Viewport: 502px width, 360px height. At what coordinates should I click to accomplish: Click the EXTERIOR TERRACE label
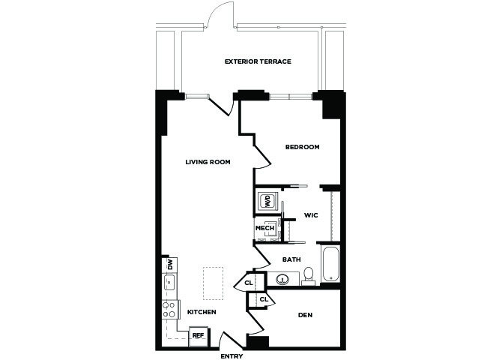point(258,61)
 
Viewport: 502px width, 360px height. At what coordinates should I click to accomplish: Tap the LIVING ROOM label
point(208,162)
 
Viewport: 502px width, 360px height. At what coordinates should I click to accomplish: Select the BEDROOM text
point(302,147)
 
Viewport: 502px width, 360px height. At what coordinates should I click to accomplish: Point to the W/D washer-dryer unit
point(267,201)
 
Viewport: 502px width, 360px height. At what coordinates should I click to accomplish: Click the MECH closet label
point(264,228)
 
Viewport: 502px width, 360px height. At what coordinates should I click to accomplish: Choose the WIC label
point(311,215)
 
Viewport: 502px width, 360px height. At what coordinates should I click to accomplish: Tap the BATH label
point(291,259)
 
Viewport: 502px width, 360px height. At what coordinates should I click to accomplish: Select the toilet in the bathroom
point(308,276)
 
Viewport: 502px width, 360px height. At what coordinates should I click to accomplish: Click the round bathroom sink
point(282,280)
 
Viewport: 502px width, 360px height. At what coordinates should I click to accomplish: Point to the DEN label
point(305,315)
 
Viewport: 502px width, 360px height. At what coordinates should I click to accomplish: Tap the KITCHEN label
point(202,312)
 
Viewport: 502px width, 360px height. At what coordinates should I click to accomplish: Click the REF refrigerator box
point(199,336)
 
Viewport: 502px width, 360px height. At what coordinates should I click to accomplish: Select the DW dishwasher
point(169,265)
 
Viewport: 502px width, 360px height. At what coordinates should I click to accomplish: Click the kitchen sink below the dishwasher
point(169,283)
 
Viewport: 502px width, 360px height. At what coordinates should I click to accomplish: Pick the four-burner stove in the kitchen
point(169,309)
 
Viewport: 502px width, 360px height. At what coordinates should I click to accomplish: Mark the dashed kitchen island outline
point(213,283)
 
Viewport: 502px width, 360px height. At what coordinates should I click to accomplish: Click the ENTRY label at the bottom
point(232,356)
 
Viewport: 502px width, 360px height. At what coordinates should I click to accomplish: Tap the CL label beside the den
point(264,299)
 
